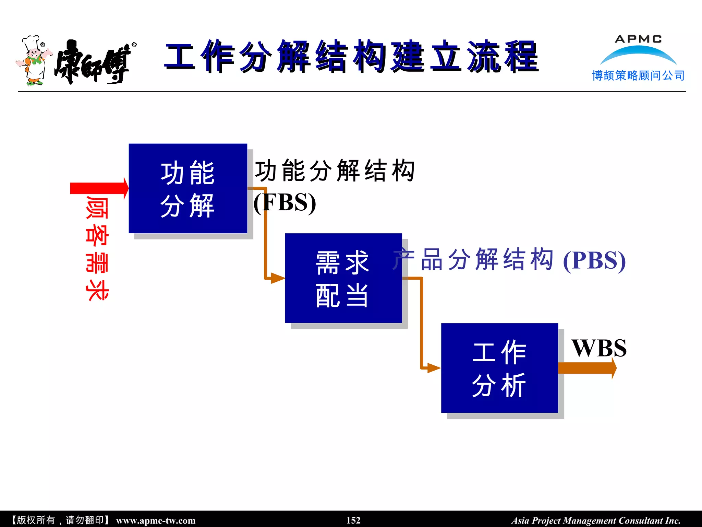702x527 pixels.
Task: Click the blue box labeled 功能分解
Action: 187,188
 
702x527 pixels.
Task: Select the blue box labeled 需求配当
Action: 343,278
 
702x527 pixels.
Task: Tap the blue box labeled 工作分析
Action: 499,368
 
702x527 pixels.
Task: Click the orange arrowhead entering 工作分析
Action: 433,368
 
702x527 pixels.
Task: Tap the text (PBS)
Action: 594,261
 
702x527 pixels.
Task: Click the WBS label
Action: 599,348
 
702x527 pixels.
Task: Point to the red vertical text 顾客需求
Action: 97,248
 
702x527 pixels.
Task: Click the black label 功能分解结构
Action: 335,171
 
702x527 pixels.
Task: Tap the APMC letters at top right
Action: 638,39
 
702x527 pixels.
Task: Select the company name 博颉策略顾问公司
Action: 638,75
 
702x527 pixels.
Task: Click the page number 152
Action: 353,520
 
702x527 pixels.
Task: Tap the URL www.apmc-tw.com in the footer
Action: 156,520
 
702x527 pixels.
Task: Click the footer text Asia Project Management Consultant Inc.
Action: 596,520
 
